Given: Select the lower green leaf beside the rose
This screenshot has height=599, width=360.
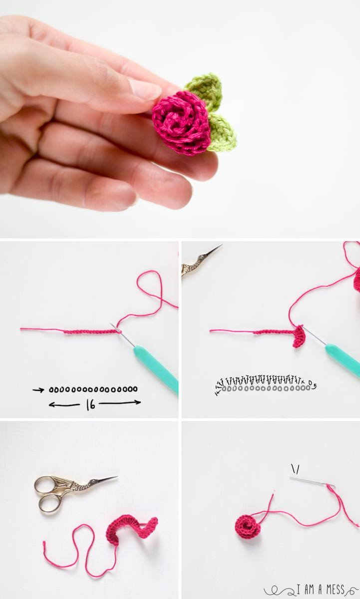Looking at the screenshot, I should [221, 132].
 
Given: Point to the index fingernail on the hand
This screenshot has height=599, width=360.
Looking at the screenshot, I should [145, 90].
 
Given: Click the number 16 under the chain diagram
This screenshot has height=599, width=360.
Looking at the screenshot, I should [90, 404].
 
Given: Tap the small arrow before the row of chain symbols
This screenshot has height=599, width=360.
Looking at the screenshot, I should [38, 389].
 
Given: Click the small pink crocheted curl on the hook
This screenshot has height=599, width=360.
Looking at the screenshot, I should [299, 336].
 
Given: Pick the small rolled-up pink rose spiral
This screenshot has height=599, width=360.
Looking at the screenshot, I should [248, 525].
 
